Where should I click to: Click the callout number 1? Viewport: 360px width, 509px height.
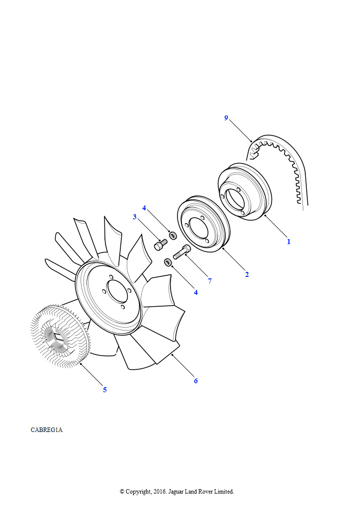(288, 242)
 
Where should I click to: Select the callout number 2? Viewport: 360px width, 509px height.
(247, 274)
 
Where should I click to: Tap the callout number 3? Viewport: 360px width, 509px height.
(135, 217)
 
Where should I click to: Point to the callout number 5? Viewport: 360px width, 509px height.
(105, 390)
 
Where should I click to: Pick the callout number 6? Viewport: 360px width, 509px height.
(196, 381)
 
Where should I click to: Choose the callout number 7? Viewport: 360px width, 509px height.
(210, 281)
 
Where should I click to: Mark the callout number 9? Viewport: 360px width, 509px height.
(226, 118)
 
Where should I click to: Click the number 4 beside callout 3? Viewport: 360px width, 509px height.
(144, 208)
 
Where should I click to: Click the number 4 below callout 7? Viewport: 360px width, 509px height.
(196, 292)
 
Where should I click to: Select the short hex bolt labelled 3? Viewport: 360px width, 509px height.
(161, 245)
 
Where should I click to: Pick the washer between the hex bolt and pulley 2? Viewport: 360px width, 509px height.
(173, 235)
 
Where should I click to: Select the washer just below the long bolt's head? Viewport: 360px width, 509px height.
(169, 261)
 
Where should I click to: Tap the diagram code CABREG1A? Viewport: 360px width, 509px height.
(46, 430)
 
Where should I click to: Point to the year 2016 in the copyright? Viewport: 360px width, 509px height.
(160, 492)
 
